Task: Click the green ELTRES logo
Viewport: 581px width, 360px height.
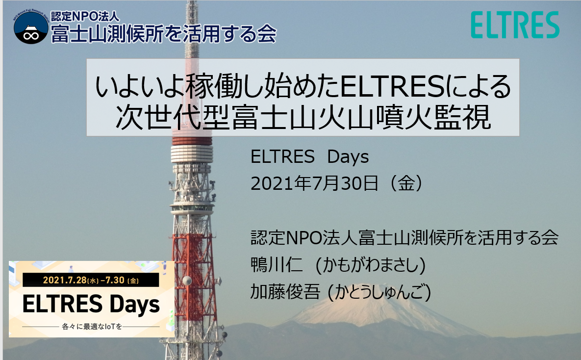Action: pyautogui.click(x=515, y=25)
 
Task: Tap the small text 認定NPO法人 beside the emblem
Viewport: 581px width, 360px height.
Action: pyautogui.click(x=85, y=16)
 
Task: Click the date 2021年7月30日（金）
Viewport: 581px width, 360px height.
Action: pyautogui.click(x=337, y=183)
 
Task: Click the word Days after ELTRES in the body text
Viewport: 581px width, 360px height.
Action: pyautogui.click(x=348, y=157)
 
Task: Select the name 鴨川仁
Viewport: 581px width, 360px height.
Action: pyautogui.click(x=277, y=265)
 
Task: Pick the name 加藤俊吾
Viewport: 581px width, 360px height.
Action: pyautogui.click(x=285, y=292)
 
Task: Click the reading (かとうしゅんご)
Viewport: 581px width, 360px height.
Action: pyautogui.click(x=380, y=292)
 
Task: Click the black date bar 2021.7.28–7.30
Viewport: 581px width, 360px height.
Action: pyautogui.click(x=91, y=280)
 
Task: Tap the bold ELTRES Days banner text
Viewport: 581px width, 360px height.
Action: pyautogui.click(x=91, y=305)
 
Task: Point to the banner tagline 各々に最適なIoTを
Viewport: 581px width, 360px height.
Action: pyautogui.click(x=92, y=327)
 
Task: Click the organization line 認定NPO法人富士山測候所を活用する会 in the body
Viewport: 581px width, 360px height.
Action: pyautogui.click(x=404, y=238)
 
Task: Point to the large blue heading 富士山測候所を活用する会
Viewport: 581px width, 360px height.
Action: pyautogui.click(x=163, y=34)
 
